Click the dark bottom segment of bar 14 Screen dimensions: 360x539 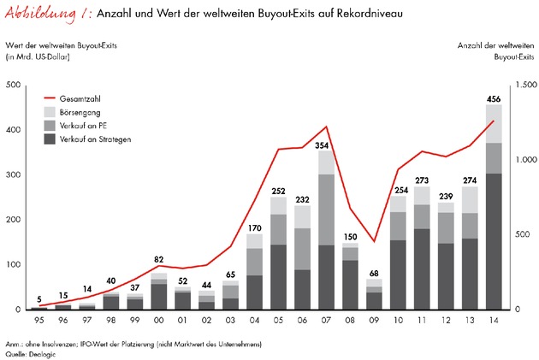point(494,241)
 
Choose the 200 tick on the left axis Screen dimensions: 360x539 point(15,220)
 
